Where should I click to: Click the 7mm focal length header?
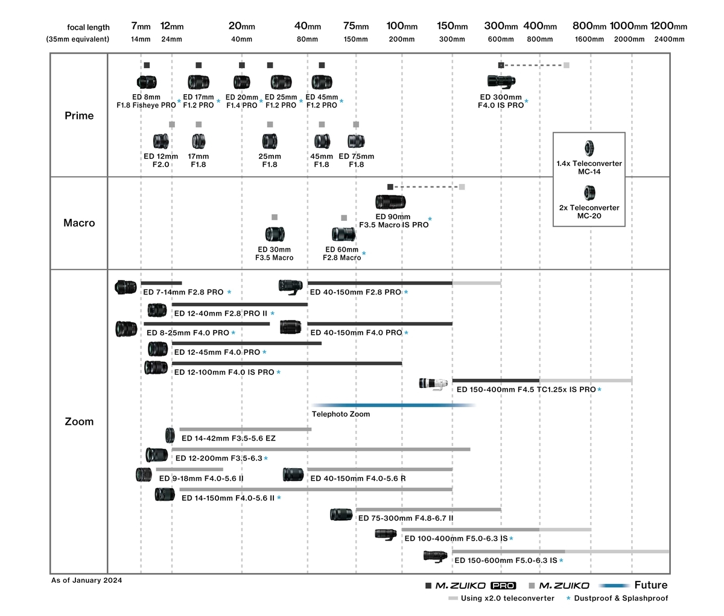pos(141,26)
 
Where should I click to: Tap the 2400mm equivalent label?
pos(669,39)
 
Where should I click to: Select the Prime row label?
pos(79,116)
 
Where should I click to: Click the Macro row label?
pos(79,223)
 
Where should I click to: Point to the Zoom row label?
pos(79,421)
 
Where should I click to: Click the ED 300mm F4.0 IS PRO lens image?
pos(501,81)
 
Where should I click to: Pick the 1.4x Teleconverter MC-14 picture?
pos(589,148)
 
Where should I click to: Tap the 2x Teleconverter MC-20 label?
pos(589,212)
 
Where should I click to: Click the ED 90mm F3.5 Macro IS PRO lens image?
pos(390,202)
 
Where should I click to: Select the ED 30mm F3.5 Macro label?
pos(275,253)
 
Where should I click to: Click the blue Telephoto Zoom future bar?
pos(393,405)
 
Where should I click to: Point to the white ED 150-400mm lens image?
pos(433,384)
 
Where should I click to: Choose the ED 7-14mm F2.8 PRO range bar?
pos(162,283)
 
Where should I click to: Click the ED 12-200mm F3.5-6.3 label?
pos(218,458)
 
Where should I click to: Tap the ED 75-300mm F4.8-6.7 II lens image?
pos(341,515)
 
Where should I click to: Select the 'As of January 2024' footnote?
pos(86,580)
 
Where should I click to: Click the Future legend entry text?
pos(651,585)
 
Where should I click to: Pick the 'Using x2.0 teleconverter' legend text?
pos(507,598)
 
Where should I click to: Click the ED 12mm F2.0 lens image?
pos(160,141)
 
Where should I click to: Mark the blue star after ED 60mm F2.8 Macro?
pos(364,253)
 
